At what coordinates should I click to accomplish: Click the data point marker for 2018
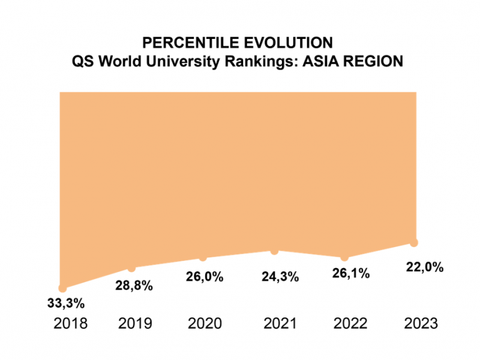click(x=62, y=289)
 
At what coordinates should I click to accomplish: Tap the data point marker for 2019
click(x=132, y=268)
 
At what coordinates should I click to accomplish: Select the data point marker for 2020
click(x=203, y=257)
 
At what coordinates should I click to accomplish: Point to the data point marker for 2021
click(x=274, y=251)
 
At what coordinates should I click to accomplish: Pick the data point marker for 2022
click(x=344, y=257)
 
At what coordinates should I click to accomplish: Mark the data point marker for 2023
click(x=413, y=242)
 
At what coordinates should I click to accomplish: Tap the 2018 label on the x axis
click(x=71, y=325)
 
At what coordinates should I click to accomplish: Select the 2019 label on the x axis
click(x=135, y=325)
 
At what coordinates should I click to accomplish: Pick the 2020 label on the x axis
click(x=206, y=325)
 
